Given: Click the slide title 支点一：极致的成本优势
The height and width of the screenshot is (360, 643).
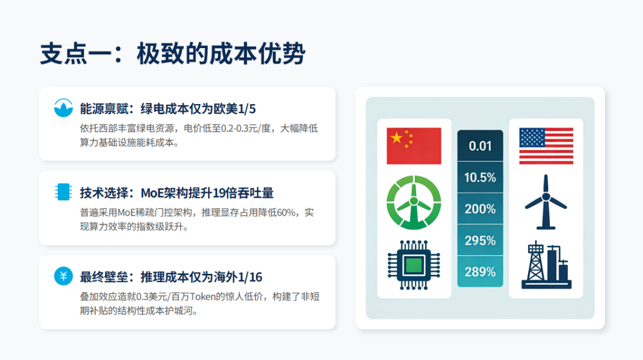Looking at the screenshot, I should [x=173, y=54].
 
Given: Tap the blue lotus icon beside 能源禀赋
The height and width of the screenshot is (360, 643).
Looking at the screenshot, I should [x=62, y=108].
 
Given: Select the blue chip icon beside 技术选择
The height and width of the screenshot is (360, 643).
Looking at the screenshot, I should [x=62, y=192].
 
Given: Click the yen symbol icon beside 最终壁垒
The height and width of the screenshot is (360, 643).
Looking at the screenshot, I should [x=62, y=276].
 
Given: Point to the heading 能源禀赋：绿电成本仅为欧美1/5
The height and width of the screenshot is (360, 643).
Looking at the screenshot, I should [x=168, y=108].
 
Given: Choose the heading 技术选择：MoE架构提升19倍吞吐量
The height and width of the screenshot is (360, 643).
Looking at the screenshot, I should [x=177, y=193].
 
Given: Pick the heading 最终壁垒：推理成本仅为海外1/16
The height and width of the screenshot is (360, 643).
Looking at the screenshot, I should [x=171, y=277].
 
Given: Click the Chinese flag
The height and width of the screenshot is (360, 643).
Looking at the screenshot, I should [x=414, y=146].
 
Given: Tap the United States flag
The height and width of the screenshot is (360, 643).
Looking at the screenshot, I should [x=546, y=146].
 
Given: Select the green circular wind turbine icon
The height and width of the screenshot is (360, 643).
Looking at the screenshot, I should [x=414, y=202].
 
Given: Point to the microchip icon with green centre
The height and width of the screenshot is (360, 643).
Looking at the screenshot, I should [x=414, y=262].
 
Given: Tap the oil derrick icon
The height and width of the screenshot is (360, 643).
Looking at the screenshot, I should [x=545, y=265].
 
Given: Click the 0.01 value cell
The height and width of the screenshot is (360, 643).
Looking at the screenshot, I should [x=480, y=146].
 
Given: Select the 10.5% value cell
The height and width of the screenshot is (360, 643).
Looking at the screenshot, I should [x=480, y=177].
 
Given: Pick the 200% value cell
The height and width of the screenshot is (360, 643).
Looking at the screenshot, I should [x=480, y=209].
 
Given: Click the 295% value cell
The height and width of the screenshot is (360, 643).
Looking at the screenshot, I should [x=480, y=240].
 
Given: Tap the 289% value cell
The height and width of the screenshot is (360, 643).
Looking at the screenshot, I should [x=480, y=272].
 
